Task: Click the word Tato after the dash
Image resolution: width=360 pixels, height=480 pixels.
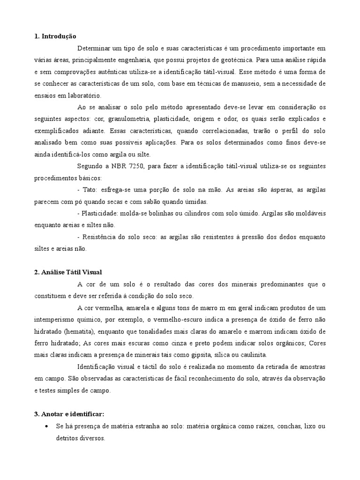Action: tap(88, 190)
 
